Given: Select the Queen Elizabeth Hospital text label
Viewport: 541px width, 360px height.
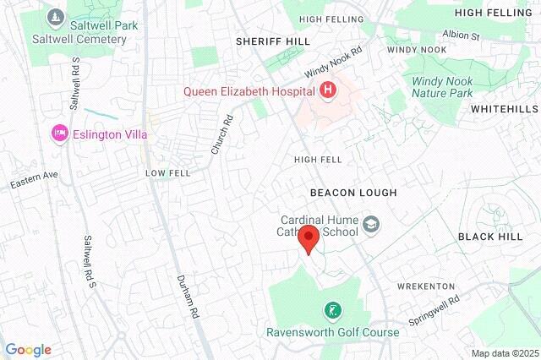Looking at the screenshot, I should (248, 90).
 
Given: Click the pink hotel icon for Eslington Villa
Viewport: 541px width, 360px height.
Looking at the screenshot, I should (59, 134).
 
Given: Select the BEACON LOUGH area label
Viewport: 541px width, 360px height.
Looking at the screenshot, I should (353, 193).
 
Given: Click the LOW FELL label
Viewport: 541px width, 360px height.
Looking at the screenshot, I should (168, 172).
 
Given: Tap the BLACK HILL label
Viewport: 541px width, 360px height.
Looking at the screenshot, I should (490, 237).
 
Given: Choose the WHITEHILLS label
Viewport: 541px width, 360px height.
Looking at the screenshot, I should (504, 110).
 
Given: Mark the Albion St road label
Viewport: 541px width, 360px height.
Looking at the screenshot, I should (462, 36).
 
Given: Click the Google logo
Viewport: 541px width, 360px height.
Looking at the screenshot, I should (28, 350).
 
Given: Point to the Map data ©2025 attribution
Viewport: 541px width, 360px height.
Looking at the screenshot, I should (504, 353).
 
